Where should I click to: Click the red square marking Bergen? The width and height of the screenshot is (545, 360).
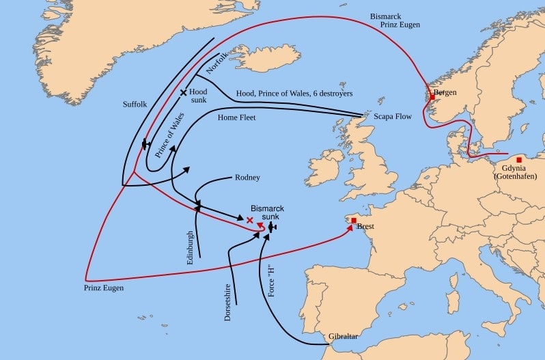click(432, 97)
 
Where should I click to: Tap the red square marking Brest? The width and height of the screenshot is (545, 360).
click(353, 220)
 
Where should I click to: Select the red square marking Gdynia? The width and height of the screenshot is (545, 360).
click(519, 159)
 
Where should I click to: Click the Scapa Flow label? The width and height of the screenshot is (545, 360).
click(393, 117)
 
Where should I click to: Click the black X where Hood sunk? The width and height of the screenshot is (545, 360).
click(183, 92)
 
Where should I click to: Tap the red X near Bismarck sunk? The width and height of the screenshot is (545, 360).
click(249, 220)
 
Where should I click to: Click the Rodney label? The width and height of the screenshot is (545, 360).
click(247, 178)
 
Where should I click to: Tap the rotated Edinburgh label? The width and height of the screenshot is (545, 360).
click(191, 247)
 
